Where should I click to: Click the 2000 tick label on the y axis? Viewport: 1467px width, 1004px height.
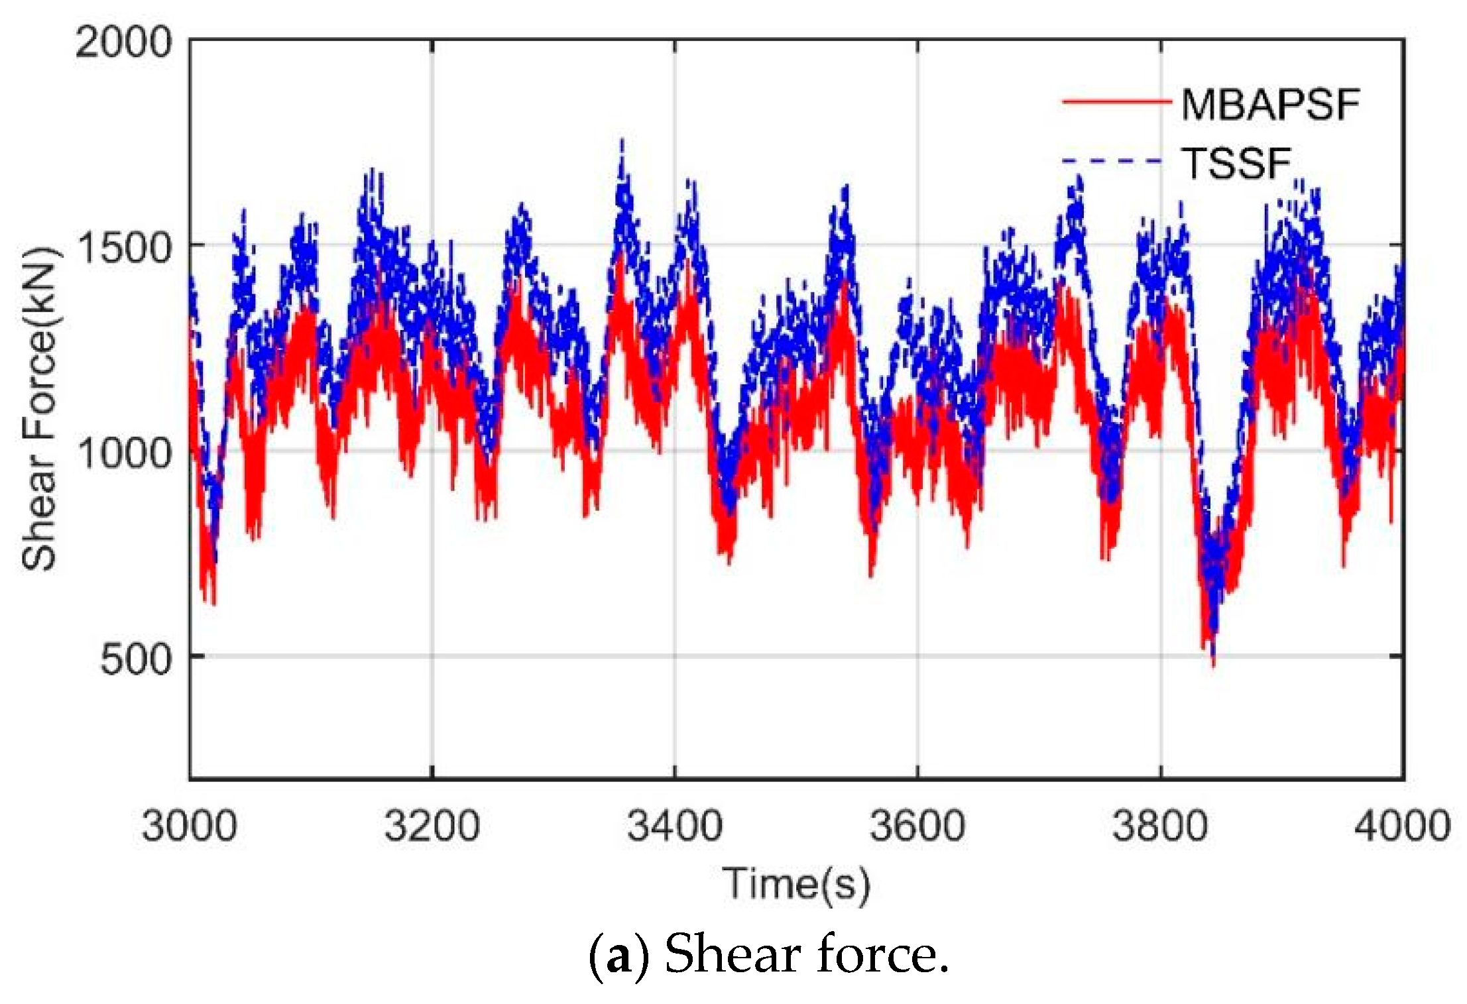click(x=123, y=43)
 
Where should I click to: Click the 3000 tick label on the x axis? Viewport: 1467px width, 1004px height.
click(x=189, y=826)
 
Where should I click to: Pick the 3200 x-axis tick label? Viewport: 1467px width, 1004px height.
click(x=432, y=826)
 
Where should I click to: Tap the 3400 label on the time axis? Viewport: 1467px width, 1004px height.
click(x=675, y=826)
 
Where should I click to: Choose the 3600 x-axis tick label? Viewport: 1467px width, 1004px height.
click(x=917, y=826)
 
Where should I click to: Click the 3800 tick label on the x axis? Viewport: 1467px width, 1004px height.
click(x=1160, y=826)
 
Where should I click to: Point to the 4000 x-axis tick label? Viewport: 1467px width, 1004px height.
click(x=1403, y=826)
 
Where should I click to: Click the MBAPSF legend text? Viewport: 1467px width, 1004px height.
click(x=1270, y=105)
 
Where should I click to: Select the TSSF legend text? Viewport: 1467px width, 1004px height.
click(x=1237, y=163)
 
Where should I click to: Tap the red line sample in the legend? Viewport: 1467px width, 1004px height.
click(x=1116, y=102)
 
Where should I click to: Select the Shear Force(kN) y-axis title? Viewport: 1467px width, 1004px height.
click(x=40, y=409)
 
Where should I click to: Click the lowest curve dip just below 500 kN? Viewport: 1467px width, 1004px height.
click(x=1213, y=663)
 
